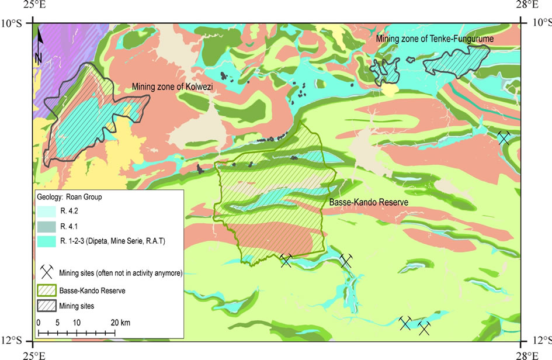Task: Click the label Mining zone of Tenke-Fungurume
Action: point(435,39)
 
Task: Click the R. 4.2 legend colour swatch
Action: point(46,213)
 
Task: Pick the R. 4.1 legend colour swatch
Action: point(46,226)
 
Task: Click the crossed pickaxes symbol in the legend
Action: point(47,272)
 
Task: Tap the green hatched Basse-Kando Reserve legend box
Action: point(46,290)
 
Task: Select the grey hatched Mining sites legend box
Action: point(46,304)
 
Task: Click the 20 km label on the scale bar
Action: point(121,323)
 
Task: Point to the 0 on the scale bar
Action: point(38,323)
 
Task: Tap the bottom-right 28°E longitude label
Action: point(528,354)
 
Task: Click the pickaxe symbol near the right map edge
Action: point(504,137)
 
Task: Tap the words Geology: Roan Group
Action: point(69,197)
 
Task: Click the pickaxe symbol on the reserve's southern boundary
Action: point(286,260)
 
